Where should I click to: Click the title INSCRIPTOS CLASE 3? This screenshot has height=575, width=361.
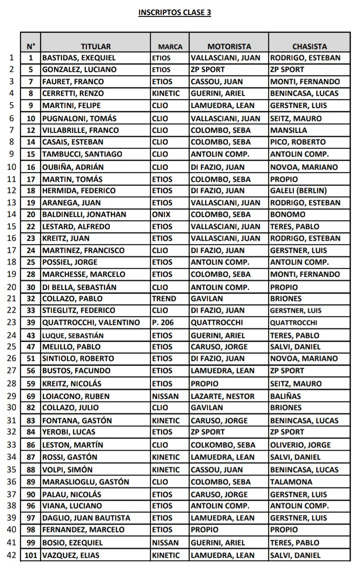click(x=175, y=13)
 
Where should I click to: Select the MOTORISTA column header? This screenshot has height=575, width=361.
click(x=229, y=46)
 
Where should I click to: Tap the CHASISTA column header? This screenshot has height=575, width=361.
click(x=309, y=46)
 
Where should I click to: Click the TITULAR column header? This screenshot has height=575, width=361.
click(x=96, y=46)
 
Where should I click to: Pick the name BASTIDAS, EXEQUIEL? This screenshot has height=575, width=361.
click(x=78, y=58)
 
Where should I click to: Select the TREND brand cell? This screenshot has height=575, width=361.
click(x=164, y=298)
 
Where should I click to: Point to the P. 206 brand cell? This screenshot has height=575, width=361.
click(x=163, y=323)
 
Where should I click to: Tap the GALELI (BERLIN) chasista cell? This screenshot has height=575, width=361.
click(x=298, y=191)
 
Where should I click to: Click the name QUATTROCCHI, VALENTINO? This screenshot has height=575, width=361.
click(x=91, y=323)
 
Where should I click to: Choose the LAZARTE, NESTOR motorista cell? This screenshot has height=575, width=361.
click(x=223, y=396)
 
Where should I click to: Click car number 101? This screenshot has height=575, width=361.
click(x=31, y=555)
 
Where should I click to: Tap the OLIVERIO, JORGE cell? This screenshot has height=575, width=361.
click(x=300, y=445)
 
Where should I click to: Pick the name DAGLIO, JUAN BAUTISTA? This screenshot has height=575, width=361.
click(x=86, y=518)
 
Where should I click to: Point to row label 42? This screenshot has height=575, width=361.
click(x=11, y=555)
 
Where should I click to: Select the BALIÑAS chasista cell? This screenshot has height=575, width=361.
click(x=286, y=396)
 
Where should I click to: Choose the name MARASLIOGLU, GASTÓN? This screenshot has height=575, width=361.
click(x=85, y=482)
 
